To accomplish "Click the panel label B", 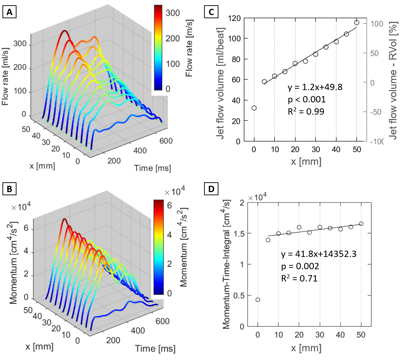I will click(x=10, y=189).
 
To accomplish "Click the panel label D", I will click(x=211, y=189).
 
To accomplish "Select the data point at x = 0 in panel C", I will click(x=254, y=108).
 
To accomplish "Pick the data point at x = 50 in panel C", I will click(x=357, y=23).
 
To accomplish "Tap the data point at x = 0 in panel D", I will click(x=258, y=300).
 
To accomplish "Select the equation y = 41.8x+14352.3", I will click(x=319, y=254).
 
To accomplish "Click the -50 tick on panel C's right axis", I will click(x=377, y=112).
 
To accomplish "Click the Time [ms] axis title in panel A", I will click(x=153, y=168).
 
